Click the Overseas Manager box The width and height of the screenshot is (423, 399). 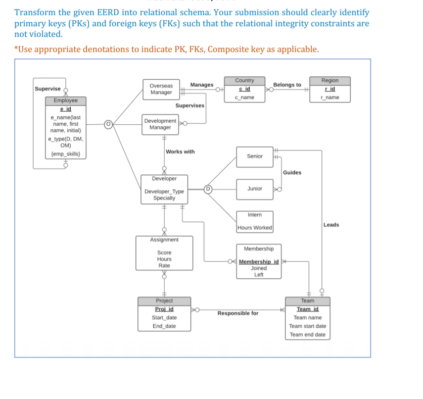coord(161,89)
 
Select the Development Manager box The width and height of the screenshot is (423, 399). coord(160,124)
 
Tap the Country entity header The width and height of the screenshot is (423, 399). coord(245,80)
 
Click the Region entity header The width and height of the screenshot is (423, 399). coord(330,80)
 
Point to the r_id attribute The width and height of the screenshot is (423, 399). coord(330,89)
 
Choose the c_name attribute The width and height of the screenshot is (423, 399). coord(245,97)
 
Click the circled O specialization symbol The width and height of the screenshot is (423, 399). coord(107,123)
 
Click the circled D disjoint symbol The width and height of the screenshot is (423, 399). coord(207,189)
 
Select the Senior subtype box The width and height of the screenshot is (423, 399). coord(255,157)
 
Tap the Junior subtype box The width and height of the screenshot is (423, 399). coord(255,188)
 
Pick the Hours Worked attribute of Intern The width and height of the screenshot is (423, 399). coord(255,228)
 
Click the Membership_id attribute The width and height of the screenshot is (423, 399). coord(259,262)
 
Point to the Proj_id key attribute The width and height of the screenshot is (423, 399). coord(164,309)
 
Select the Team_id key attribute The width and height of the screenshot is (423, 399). coord(307,309)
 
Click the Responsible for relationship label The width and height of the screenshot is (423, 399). coord(238,313)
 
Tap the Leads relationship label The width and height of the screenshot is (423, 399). coord(331,225)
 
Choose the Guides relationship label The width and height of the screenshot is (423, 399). coord(292,173)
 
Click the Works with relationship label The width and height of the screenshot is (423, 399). coord(180,152)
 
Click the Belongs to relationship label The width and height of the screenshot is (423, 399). coord(287,85)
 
